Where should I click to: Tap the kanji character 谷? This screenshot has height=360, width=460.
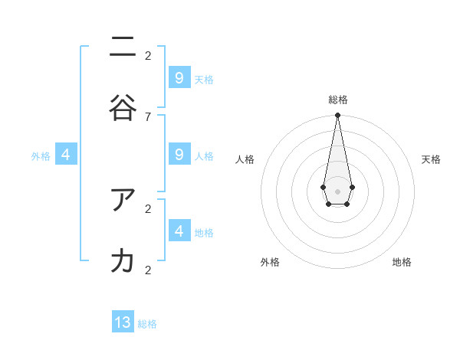tap(123, 108)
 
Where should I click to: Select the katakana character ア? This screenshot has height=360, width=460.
tap(123, 200)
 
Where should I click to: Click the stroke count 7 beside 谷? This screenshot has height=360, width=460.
tap(148, 116)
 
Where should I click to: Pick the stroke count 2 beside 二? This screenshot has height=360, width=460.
tap(148, 55)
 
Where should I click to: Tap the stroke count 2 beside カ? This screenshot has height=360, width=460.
tap(148, 270)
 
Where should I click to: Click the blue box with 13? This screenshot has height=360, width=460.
tap(123, 322)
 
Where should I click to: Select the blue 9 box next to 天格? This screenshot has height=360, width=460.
tap(179, 78)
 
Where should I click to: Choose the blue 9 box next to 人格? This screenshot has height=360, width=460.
tap(179, 155)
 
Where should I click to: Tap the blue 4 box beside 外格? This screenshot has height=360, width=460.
tap(66, 155)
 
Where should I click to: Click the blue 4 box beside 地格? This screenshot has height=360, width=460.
tap(179, 231)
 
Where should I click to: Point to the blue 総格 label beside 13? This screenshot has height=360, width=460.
tap(147, 324)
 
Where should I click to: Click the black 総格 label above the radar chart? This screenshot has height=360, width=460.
tap(338, 100)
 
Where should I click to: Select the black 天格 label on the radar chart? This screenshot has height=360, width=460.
tap(431, 159)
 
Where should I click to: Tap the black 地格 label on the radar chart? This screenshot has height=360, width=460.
tap(402, 262)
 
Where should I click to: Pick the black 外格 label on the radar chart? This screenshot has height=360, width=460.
tap(270, 262)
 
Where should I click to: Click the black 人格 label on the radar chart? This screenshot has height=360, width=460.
tap(245, 159)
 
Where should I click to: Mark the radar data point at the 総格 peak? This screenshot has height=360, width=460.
tap(337, 116)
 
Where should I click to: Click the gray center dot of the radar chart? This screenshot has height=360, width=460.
tap(337, 190)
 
